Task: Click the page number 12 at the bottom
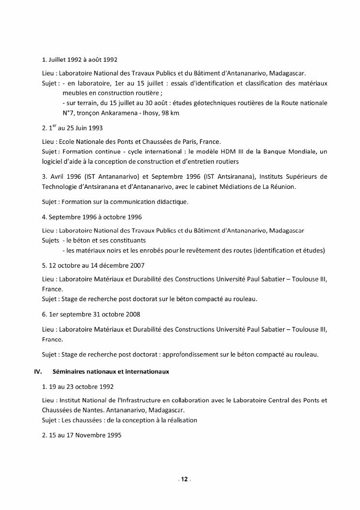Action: click(184, 479)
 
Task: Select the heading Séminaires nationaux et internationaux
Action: click(107, 371)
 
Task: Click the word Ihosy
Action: click(151, 113)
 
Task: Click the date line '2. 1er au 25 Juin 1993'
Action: click(73, 128)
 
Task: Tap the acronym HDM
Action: click(227, 152)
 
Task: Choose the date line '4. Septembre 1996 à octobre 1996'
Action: click(92, 217)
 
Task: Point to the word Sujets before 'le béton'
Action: click(51, 240)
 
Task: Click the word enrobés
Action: click(149, 250)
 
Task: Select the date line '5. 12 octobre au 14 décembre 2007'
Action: click(93, 265)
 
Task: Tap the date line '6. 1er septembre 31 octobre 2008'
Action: click(91, 314)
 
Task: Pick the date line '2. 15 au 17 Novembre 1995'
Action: click(82, 435)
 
